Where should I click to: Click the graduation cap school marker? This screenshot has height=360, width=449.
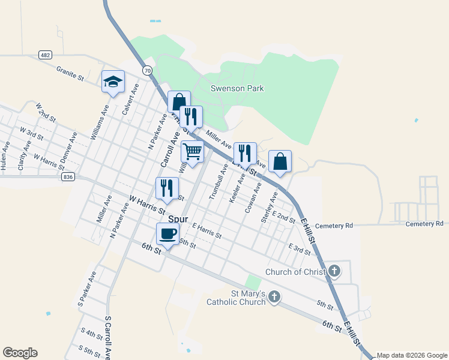[112, 82]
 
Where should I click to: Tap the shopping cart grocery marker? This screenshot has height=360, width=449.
[192, 152]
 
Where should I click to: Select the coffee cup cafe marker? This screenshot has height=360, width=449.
[167, 234]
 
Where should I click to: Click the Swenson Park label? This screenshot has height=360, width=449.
[237, 88]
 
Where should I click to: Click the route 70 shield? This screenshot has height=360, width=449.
[148, 71]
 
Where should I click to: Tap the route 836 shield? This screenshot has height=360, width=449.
[68, 177]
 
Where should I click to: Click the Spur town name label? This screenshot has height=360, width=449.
[178, 220]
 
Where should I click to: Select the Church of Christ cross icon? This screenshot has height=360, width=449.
[334, 272]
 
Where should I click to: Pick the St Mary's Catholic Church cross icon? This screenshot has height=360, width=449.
[274, 297]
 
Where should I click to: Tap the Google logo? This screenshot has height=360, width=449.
[20, 353]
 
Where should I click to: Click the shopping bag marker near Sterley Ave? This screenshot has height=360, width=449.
[280, 161]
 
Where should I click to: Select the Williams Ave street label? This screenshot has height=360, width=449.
[99, 123]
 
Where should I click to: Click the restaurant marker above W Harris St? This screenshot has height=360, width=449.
[167, 188]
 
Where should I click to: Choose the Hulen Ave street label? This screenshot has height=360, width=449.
[5, 157]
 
